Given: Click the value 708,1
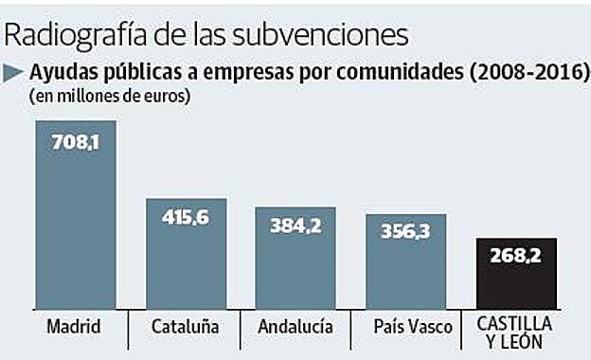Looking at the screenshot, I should pyautogui.click(x=76, y=146).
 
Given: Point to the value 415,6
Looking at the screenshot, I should pyautogui.click(x=186, y=218).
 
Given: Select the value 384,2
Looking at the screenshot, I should pyautogui.click(x=295, y=226).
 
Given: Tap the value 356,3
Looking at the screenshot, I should pyautogui.click(x=406, y=233).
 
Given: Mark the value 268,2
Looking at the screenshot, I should pyautogui.click(x=516, y=257).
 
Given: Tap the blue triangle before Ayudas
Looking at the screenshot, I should pyautogui.click(x=15, y=72).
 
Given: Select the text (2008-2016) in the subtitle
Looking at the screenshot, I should pyautogui.click(x=519, y=72).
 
